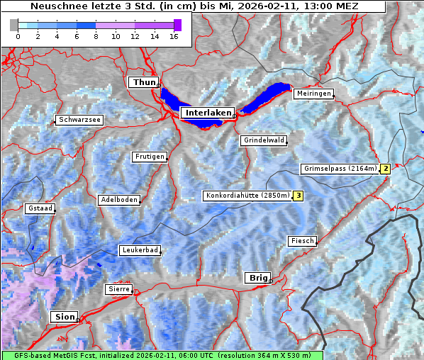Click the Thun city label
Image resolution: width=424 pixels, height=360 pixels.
click(144, 83)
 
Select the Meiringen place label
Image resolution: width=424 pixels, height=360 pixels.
click(313, 94)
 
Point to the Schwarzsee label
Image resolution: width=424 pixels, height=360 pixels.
click(80, 120)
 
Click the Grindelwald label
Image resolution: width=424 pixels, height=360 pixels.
click(264, 140)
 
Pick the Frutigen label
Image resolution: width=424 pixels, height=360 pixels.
click(149, 157)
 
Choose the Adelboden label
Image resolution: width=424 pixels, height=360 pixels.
click(118, 200)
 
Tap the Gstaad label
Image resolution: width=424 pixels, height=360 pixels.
click(40, 208)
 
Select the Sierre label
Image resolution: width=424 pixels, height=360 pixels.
click(118, 289)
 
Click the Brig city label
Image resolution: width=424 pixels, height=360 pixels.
click(256, 278)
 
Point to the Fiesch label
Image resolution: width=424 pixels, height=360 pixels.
click(302, 241)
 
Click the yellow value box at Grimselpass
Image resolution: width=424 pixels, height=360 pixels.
click(385, 169)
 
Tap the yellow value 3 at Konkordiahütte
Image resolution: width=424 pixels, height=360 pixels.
click(299, 196)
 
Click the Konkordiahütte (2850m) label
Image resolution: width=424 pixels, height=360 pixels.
click(247, 196)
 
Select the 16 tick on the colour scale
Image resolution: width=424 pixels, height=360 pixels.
click(173, 35)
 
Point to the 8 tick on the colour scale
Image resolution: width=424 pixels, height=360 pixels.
click(96, 35)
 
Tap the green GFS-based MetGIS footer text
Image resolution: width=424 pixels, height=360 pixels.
click(162, 355)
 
